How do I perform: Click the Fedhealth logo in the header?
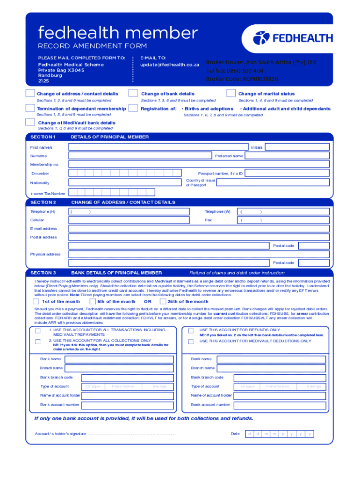292,38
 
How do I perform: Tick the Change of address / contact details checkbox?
30,94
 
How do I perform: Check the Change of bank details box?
133,94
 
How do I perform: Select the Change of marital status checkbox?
230,94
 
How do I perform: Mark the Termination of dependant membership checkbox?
30,109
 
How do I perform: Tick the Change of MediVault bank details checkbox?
30,123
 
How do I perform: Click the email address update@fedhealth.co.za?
170,64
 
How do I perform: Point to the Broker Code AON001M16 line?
242,79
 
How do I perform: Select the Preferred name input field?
288,156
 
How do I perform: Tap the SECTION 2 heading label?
43,203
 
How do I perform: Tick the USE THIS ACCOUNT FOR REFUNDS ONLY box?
191,331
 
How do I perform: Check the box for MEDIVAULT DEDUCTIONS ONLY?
191,341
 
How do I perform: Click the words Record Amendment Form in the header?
92,46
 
